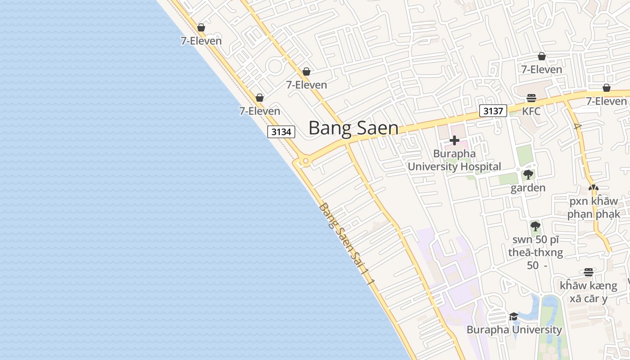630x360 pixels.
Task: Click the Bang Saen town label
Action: tap(353, 128)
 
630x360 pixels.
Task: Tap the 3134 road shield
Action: tap(281, 132)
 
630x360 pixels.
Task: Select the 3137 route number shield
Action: tap(493, 111)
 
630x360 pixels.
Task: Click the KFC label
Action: tap(531, 111)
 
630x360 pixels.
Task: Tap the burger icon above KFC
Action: tap(531, 98)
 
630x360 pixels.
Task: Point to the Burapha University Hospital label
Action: tap(454, 160)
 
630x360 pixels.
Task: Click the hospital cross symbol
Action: tap(454, 141)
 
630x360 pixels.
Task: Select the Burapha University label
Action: tap(514, 329)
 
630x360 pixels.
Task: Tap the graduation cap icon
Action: tap(513, 317)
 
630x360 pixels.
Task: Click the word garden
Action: tap(528, 188)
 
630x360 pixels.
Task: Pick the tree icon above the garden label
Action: tap(528, 175)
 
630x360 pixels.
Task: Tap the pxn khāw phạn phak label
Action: tap(594, 207)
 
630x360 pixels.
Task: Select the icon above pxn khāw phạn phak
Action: tap(594, 188)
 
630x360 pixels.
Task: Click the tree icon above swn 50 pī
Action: tap(535, 226)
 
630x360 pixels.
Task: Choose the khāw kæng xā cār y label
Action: tap(588, 292)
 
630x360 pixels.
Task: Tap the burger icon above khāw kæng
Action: tap(588, 272)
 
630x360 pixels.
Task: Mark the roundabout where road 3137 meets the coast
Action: tap(306, 161)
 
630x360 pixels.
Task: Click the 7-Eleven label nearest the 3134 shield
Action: tap(260, 111)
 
